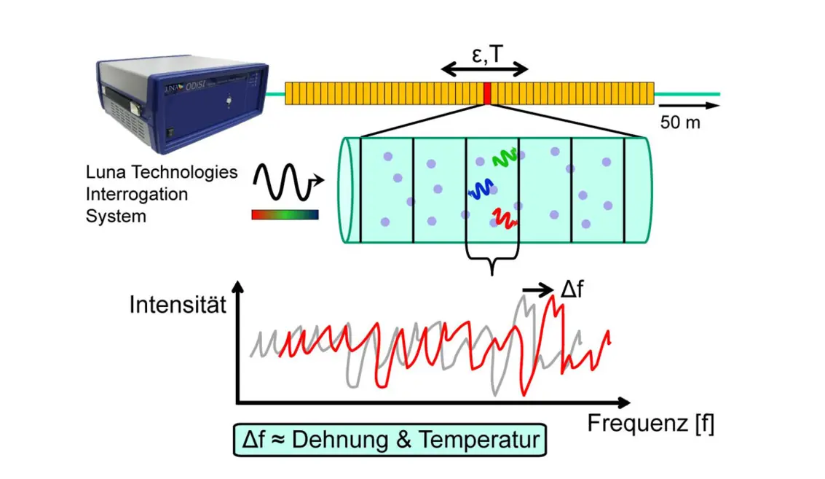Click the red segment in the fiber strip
tap(488, 93)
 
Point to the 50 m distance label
tap(680, 122)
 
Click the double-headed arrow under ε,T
tap(485, 71)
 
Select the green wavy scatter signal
tap(504, 157)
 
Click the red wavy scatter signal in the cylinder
tap(505, 217)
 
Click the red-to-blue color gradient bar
tap(285, 214)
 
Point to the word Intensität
tap(178, 304)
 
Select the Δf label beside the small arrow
tap(573, 290)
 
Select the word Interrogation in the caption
tap(137, 195)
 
